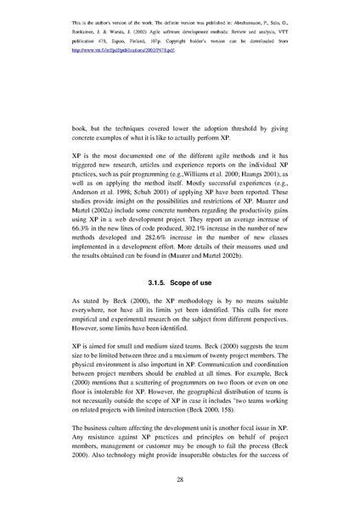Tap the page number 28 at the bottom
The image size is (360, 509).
click(180, 480)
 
